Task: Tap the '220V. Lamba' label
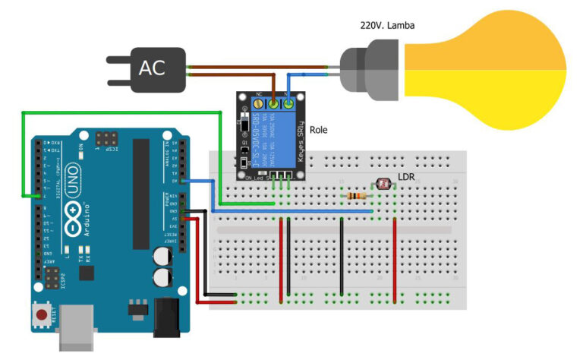coord(387,25)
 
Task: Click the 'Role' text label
coord(319,130)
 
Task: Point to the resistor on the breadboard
coord(355,196)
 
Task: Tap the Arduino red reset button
coord(41,314)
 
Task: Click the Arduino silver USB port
coord(77,326)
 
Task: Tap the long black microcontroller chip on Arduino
coord(141,194)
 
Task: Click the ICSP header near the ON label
coord(106,140)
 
